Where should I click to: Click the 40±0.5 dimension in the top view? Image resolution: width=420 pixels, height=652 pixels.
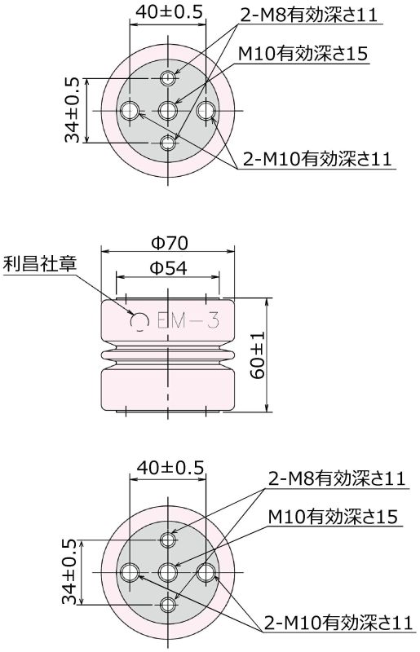pos(167,11)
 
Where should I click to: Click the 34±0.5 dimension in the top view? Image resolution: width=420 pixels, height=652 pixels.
pos(73,110)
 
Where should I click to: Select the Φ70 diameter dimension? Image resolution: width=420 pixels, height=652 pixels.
pos(170,243)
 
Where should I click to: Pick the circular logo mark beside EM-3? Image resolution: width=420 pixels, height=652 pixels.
pos(139,324)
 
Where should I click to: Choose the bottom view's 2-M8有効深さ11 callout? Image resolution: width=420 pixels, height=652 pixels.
pos(337,478)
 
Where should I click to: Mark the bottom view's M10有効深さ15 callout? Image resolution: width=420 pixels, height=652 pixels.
pos(332,517)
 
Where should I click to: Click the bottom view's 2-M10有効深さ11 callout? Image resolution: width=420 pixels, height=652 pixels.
pos(337,623)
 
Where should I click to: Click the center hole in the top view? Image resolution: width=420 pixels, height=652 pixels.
pos(169,110)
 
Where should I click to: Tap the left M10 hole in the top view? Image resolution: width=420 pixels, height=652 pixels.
pos(130,110)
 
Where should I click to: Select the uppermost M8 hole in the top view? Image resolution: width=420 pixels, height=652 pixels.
pos(169,78)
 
